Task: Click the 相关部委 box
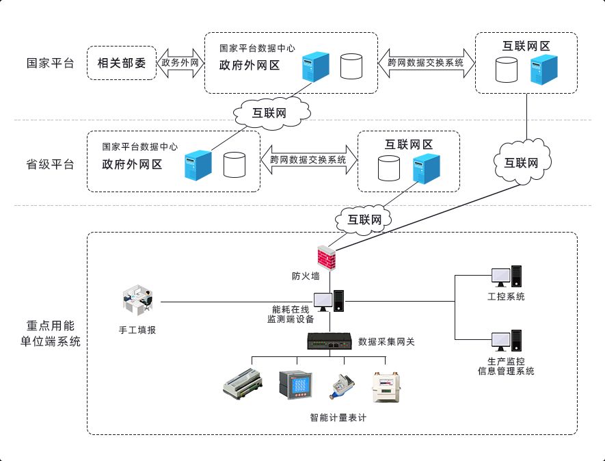pyautogui.click(x=122, y=63)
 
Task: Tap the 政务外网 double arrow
pyautogui.click(x=180, y=63)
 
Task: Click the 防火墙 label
pyautogui.click(x=306, y=276)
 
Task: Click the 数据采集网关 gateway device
pyautogui.click(x=330, y=341)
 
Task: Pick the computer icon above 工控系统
pyautogui.click(x=507, y=276)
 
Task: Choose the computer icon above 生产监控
pyautogui.click(x=507, y=340)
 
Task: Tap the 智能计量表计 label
pyautogui.click(x=338, y=417)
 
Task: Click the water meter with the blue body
pyautogui.click(x=338, y=388)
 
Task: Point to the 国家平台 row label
pyautogui.click(x=50, y=64)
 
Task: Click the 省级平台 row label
pyautogui.click(x=50, y=164)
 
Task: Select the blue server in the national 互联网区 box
pyautogui.click(x=544, y=70)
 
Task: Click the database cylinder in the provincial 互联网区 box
pyautogui.click(x=388, y=168)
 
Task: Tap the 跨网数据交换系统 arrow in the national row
pyautogui.click(x=426, y=62)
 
